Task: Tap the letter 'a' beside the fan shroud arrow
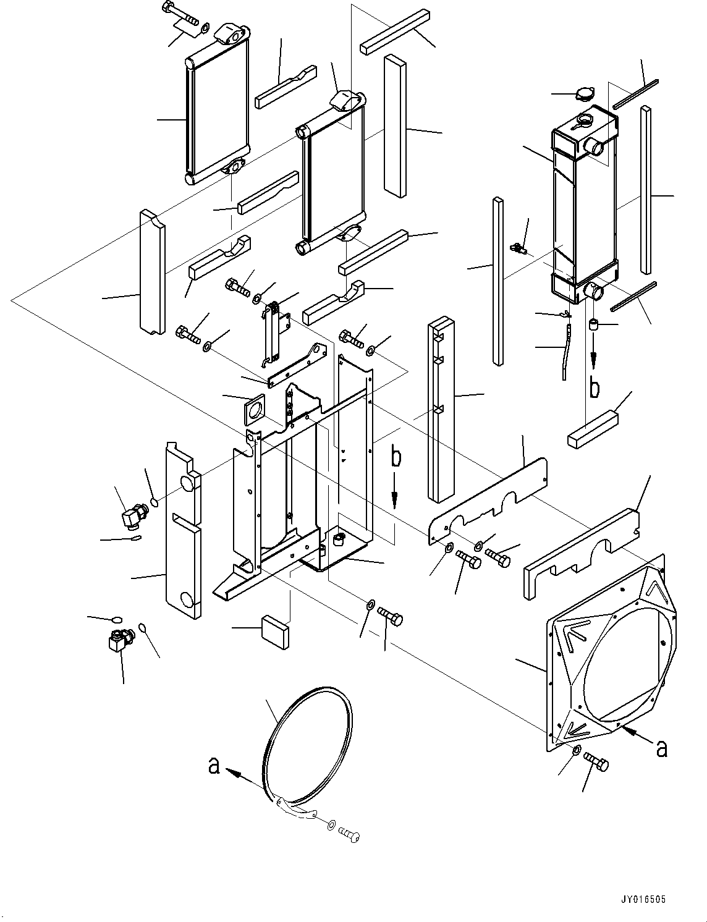click(662, 748)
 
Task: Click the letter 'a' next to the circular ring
click(214, 766)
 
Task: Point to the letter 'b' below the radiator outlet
click(594, 387)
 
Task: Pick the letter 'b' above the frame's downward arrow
click(396, 458)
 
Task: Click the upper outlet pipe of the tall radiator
click(594, 146)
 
